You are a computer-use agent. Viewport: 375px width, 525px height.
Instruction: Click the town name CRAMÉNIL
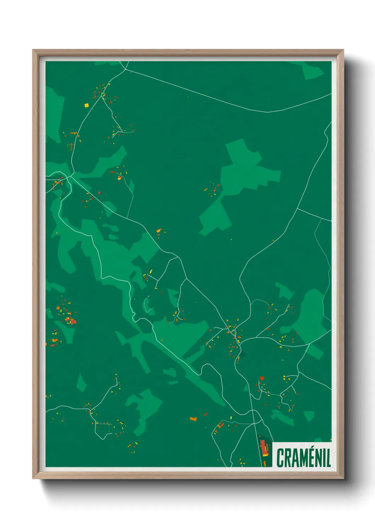[303, 458]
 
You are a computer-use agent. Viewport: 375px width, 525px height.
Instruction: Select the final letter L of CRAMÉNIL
[328, 458]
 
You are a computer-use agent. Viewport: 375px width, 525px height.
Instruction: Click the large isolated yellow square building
[86, 105]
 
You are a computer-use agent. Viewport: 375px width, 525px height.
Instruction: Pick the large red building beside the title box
[263, 447]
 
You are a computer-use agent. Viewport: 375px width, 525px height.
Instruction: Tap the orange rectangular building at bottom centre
[193, 419]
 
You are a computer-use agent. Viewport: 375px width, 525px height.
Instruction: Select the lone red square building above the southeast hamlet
[262, 378]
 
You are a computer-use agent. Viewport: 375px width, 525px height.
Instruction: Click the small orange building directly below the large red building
[264, 463]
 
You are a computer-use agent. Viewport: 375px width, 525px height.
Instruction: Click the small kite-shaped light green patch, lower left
[81, 382]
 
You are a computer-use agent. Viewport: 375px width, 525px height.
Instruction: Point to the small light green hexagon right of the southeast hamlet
[309, 415]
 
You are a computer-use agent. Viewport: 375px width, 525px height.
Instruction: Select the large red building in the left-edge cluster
[73, 321]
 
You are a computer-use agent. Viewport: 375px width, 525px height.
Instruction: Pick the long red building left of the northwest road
[73, 133]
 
